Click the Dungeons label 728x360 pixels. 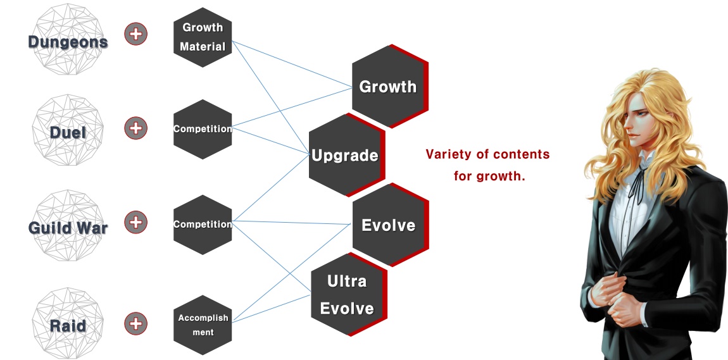(x=68, y=42)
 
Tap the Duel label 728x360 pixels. (x=68, y=132)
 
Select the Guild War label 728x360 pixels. (x=68, y=227)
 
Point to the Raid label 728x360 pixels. (x=68, y=326)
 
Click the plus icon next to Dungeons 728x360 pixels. (x=135, y=34)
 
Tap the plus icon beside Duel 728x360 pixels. (x=135, y=128)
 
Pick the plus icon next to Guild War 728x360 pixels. (x=135, y=222)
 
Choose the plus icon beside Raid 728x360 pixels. (x=135, y=324)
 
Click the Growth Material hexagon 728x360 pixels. (x=203, y=37)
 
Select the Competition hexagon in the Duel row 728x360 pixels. (x=203, y=129)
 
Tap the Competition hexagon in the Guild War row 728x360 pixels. (x=203, y=225)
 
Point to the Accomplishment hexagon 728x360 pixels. (x=203, y=325)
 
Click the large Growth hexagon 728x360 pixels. (x=388, y=87)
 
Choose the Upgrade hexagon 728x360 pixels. (x=345, y=156)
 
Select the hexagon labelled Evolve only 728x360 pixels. (x=388, y=225)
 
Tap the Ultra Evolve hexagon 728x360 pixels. (x=347, y=294)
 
